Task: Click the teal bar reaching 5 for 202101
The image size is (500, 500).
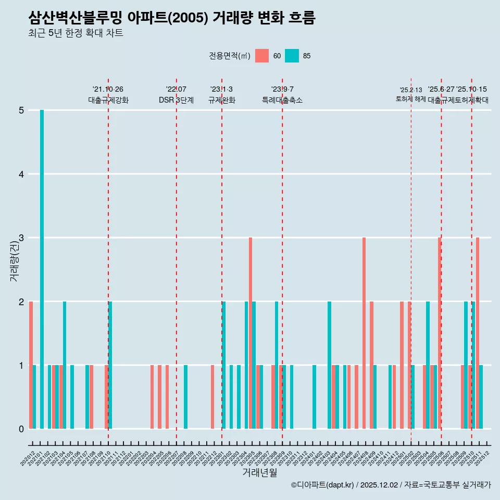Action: click(x=42, y=269)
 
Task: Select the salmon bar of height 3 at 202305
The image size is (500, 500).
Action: click(x=251, y=333)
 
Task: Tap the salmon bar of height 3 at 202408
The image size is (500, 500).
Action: click(x=364, y=333)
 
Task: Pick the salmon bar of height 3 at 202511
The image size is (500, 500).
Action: click(x=478, y=333)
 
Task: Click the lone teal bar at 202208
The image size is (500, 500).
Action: click(x=186, y=397)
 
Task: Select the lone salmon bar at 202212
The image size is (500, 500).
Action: click(x=213, y=397)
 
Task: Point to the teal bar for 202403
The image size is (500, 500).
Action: click(x=330, y=365)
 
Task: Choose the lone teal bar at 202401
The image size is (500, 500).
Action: click(x=315, y=397)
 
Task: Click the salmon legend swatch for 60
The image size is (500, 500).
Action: click(x=262, y=56)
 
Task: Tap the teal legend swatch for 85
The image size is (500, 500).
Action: click(x=292, y=56)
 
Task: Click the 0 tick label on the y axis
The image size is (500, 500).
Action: click(x=21, y=429)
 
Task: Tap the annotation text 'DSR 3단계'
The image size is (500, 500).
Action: click(x=176, y=100)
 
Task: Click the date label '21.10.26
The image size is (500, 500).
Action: click(x=108, y=89)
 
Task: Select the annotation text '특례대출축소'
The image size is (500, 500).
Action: click(x=282, y=100)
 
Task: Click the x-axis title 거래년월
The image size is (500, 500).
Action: click(x=259, y=472)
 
